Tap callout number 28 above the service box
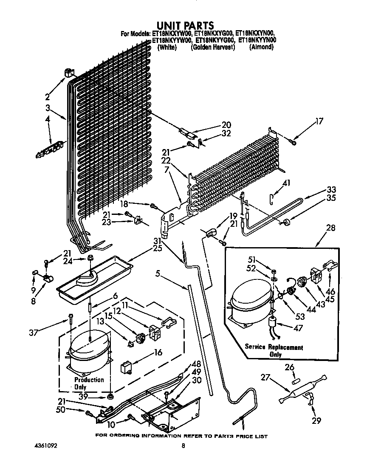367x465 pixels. click(x=330, y=228)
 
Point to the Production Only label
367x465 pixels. click(x=89, y=383)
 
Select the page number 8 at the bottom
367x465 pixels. click(x=183, y=446)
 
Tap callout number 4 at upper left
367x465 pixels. click(x=48, y=120)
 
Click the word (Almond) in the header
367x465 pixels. click(x=261, y=47)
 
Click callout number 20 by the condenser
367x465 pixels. click(x=226, y=125)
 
